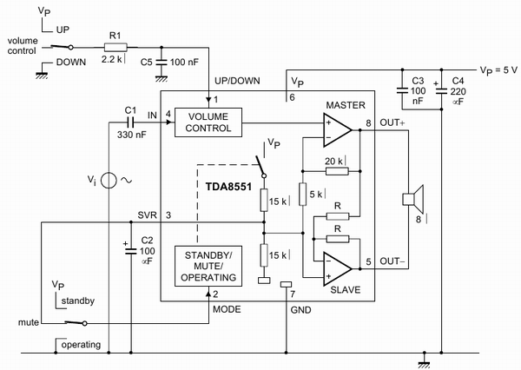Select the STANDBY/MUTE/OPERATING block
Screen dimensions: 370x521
tap(209, 266)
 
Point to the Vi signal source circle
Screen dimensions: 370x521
tap(107, 181)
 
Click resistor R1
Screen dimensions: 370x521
tap(115, 49)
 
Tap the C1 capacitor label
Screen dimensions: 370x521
tap(131, 109)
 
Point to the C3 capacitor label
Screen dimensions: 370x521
tap(418, 82)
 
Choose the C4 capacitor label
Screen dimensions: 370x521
tap(458, 82)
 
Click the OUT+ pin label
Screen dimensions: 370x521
tap(392, 122)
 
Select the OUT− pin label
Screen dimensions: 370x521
tap(392, 260)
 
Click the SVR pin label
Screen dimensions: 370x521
tap(147, 215)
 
